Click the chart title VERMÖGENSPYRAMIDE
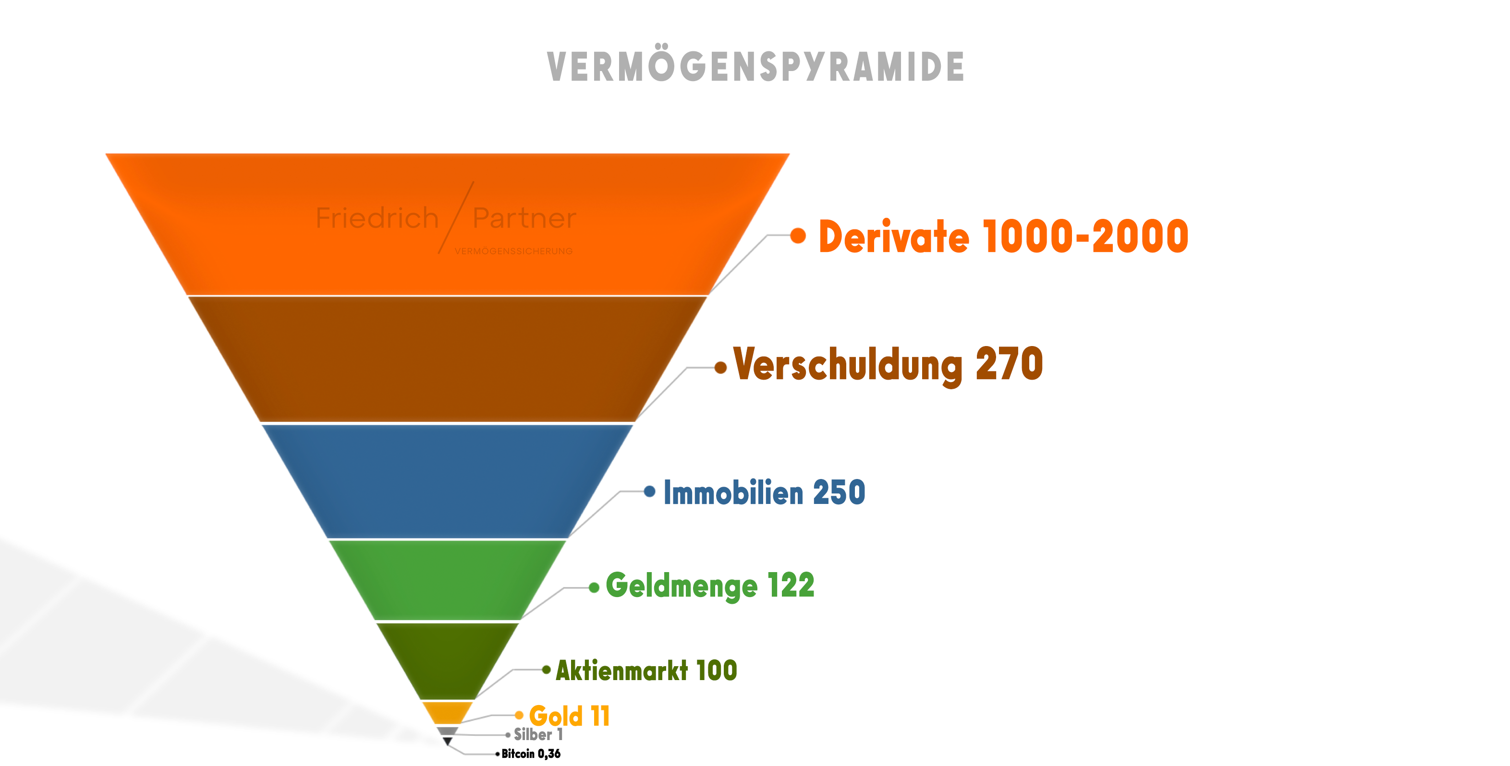tap(755, 66)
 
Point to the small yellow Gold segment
tap(447, 712)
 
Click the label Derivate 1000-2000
tap(1003, 237)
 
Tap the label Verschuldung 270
tap(888, 364)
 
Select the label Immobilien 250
tap(764, 492)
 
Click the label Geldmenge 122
tap(710, 586)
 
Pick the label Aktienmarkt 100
tap(646, 670)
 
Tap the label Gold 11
tap(569, 716)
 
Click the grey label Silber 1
tap(538, 734)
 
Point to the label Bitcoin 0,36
tap(531, 754)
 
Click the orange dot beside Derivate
tap(798, 236)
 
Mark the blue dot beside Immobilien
tap(649, 491)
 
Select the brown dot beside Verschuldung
tap(720, 368)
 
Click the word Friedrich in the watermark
tap(377, 218)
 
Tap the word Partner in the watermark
tap(524, 218)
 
